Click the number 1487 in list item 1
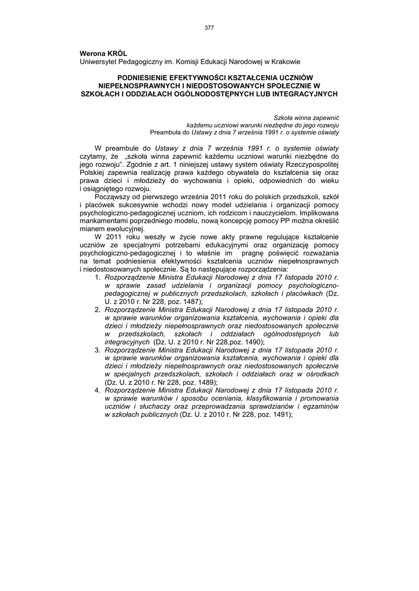[x=189, y=302]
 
